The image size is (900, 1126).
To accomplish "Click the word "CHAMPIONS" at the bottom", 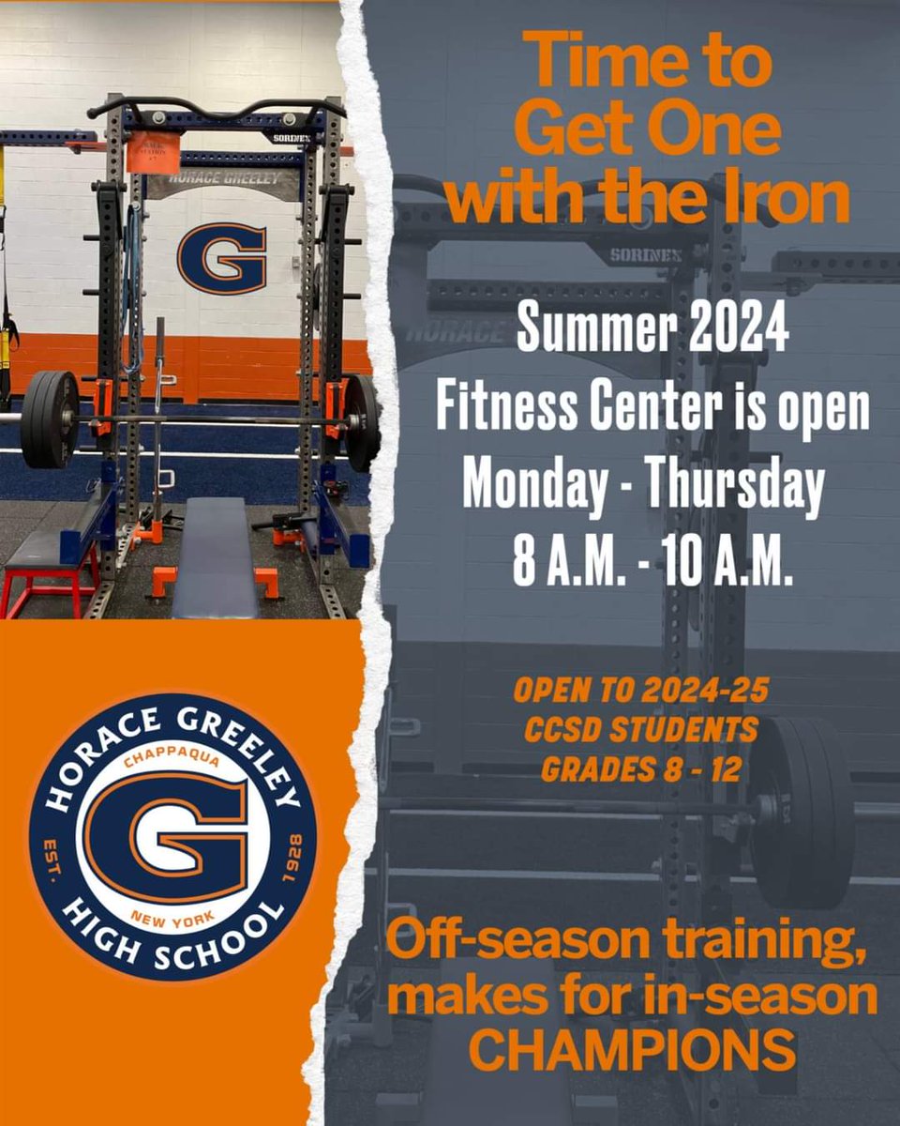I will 632,1052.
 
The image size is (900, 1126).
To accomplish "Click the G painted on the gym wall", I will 222,257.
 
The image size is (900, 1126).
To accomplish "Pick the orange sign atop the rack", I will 153,151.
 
